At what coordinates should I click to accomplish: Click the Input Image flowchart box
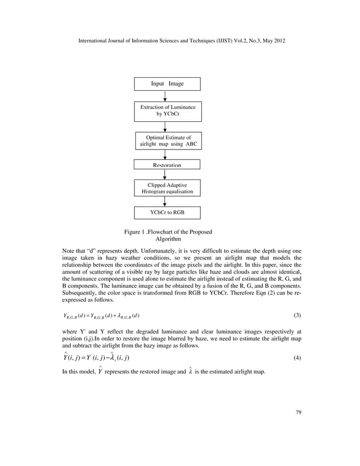[167, 84]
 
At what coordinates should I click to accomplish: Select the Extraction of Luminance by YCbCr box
[167, 110]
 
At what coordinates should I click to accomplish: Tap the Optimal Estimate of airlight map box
[167, 141]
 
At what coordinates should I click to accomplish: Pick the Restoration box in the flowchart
[167, 165]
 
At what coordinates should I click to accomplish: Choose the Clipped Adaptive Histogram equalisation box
[167, 188]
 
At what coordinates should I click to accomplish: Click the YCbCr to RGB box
[167, 213]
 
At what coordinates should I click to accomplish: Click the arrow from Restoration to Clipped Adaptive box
[165, 174]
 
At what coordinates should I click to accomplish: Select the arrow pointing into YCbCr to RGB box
[165, 201]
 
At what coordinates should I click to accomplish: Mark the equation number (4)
[297, 358]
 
